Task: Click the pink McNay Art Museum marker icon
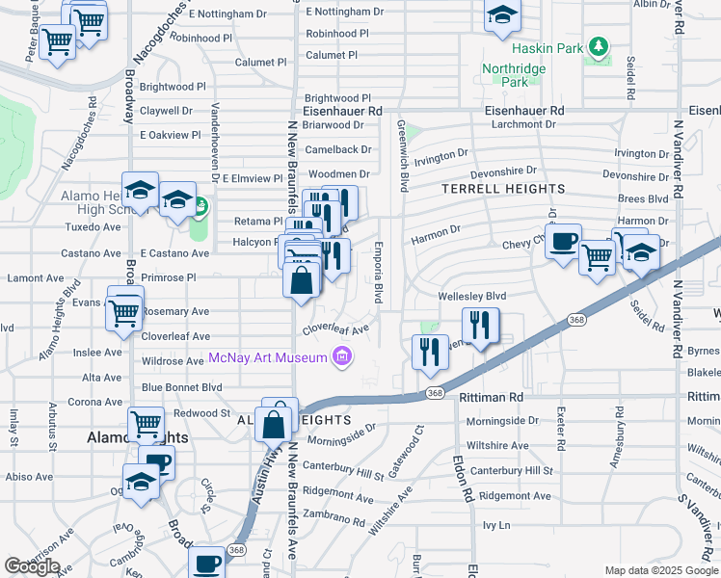340,358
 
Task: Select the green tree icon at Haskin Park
600,45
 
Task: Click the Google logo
33,566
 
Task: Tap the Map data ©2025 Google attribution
661,570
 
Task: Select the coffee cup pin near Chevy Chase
563,241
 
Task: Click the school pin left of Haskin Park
502,17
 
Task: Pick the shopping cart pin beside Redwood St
146,423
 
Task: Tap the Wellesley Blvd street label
471,297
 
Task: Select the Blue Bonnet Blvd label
181,387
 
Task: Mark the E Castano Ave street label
174,253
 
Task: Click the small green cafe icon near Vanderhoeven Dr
200,204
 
